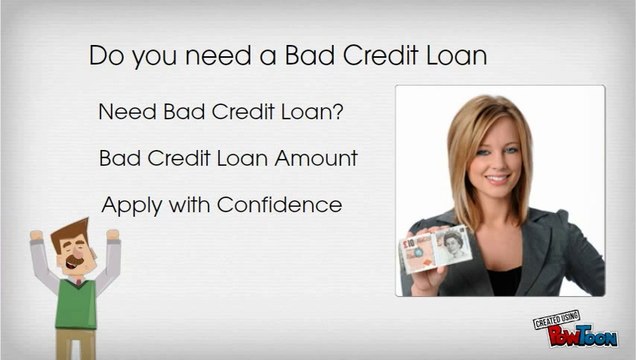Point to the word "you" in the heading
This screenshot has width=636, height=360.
[x=153, y=56]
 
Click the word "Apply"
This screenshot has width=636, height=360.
[x=128, y=206]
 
